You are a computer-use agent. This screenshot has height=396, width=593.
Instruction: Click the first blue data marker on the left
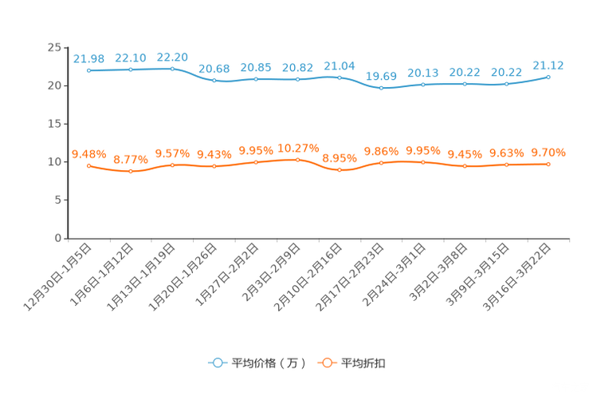pyautogui.click(x=89, y=70)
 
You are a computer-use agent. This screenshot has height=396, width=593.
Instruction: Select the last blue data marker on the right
pyautogui.click(x=548, y=77)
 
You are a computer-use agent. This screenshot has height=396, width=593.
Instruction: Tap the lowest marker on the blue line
pyautogui.click(x=382, y=87)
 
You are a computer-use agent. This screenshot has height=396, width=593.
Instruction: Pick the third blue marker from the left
pyautogui.click(x=172, y=69)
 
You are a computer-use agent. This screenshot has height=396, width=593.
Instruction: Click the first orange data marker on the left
pyautogui.click(x=89, y=165)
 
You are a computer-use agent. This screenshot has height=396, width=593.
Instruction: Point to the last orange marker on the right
pyautogui.click(x=548, y=164)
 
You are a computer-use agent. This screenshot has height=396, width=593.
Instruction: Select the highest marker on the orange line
pyautogui.click(x=297, y=160)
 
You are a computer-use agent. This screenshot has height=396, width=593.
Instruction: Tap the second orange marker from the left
pyautogui.click(x=131, y=171)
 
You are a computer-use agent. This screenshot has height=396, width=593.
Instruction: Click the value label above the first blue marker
pyautogui.click(x=88, y=58)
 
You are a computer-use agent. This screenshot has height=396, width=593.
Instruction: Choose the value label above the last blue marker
pyautogui.click(x=548, y=65)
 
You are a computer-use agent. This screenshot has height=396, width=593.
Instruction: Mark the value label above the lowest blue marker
pyautogui.click(x=381, y=76)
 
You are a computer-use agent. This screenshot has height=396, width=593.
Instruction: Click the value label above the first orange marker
pyautogui.click(x=88, y=153)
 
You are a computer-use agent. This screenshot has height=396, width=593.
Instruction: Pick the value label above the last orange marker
pyautogui.click(x=548, y=152)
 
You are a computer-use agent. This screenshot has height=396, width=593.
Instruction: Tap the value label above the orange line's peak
pyautogui.click(x=297, y=148)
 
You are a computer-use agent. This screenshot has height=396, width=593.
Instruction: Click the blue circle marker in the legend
pyautogui.click(x=216, y=363)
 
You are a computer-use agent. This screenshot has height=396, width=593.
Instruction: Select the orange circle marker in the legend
pyautogui.click(x=326, y=363)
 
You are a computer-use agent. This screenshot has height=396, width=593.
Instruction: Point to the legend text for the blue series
pyautogui.click(x=268, y=363)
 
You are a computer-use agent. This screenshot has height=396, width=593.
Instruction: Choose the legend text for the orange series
pyautogui.click(x=364, y=363)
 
